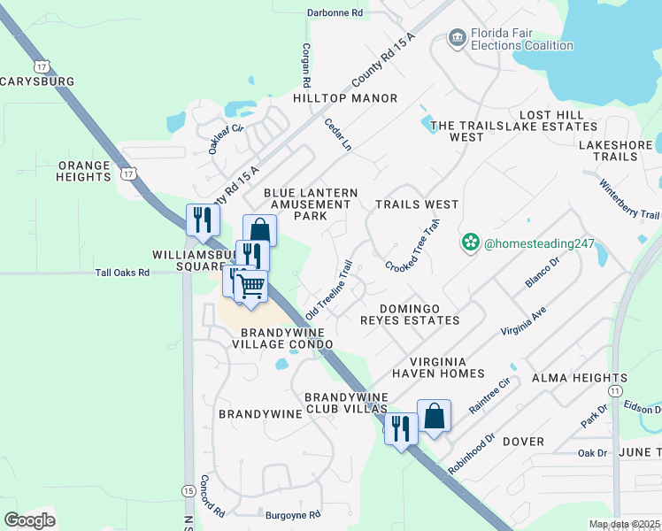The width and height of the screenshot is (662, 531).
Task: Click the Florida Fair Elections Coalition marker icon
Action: click(457, 36)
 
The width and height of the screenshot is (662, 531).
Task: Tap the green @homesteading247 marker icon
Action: click(469, 242)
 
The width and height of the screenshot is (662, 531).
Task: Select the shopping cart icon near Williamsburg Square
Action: click(251, 287)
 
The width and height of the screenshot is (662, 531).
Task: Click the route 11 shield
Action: click(616, 389)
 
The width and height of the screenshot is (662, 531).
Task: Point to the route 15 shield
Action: click(188, 490)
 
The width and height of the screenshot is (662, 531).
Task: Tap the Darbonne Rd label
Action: click(335, 13)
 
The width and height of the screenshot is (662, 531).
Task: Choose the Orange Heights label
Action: click(84, 171)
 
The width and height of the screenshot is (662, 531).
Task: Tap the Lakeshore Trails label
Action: click(608, 150)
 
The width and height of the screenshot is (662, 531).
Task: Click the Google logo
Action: click(29, 519)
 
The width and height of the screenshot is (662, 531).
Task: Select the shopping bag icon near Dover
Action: click(435, 415)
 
